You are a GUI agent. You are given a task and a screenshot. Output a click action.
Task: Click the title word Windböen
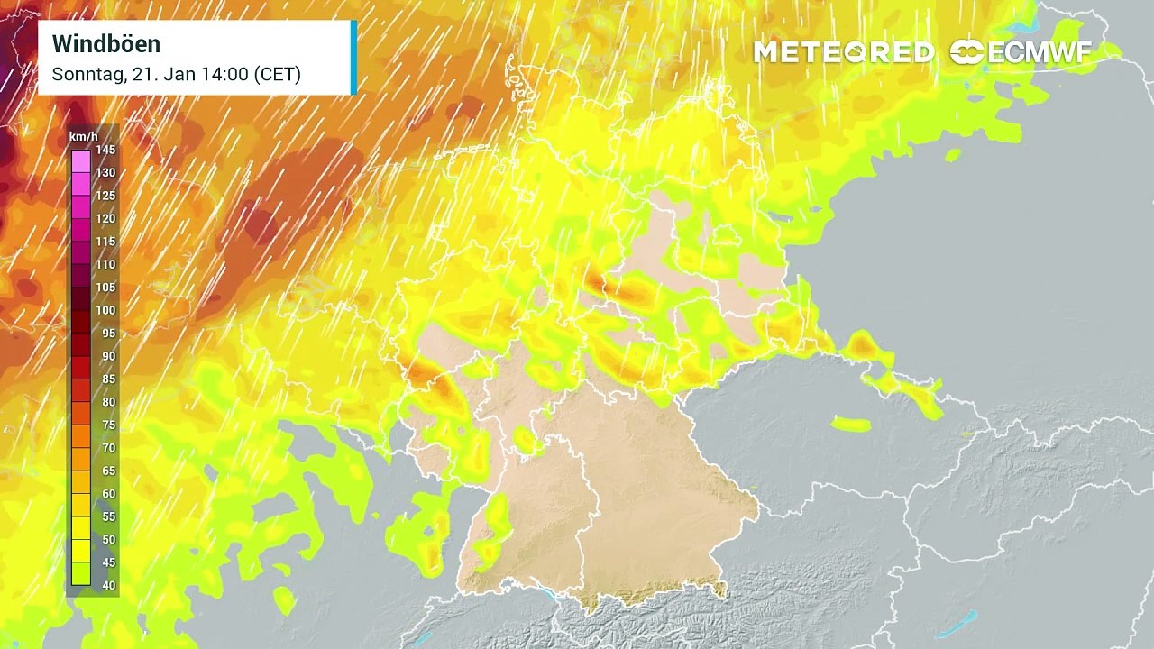[106, 44]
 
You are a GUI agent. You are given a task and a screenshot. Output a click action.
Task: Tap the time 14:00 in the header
[223, 75]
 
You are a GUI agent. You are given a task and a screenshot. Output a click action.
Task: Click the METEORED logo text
[844, 52]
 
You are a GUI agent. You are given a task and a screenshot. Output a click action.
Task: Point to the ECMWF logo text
[1040, 52]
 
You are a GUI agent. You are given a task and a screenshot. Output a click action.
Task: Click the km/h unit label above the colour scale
[84, 136]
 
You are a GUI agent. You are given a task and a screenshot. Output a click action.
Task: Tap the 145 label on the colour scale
[105, 150]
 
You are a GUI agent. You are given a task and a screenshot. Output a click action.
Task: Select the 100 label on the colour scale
[105, 310]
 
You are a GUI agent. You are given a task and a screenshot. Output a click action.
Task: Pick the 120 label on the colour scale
[105, 218]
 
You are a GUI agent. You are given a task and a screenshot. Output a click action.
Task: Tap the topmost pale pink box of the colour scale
[81, 161]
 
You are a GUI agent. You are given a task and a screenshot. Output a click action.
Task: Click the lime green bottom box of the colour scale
[81, 574]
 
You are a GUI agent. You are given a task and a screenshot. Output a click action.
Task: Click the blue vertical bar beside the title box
[353, 57]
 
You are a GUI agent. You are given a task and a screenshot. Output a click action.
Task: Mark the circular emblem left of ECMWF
[966, 52]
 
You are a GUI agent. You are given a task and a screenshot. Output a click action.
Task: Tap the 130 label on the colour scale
[105, 172]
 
